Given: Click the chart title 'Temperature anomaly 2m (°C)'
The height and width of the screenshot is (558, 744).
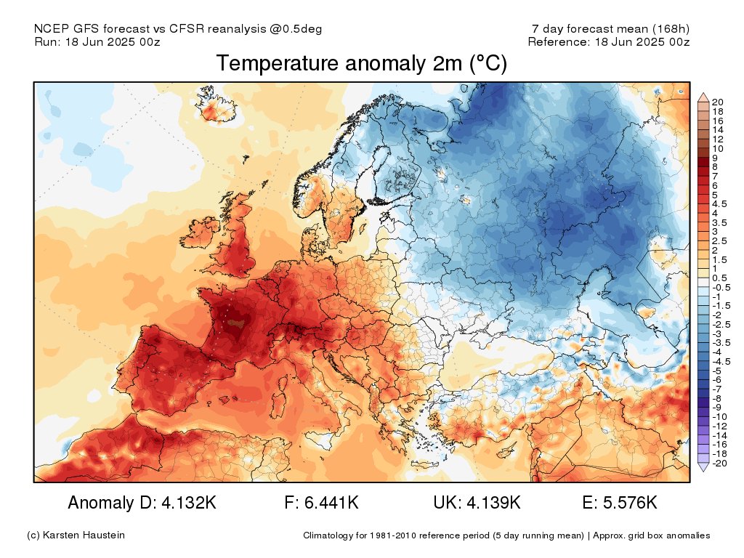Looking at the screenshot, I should pyautogui.click(x=361, y=64).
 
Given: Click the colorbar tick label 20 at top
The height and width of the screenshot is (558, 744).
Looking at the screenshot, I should pyautogui.click(x=719, y=101).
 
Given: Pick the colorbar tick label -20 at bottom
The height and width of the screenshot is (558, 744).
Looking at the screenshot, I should pyautogui.click(x=720, y=463).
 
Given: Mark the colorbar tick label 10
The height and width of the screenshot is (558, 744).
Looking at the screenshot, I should pyautogui.click(x=719, y=148).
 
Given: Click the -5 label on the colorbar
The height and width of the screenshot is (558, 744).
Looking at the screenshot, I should pyautogui.click(x=718, y=370).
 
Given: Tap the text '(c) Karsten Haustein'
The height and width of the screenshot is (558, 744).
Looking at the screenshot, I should pyautogui.click(x=76, y=535).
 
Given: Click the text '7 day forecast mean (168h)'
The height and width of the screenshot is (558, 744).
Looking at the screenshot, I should pyautogui.click(x=610, y=29).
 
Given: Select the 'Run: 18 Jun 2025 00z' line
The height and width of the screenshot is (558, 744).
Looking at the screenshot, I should pyautogui.click(x=97, y=41).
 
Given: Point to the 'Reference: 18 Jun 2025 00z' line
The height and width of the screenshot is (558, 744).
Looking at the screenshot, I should pyautogui.click(x=608, y=41).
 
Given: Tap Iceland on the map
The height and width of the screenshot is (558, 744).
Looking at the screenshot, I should pyautogui.click(x=219, y=110).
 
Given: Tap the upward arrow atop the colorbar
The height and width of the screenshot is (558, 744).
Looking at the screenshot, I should pyautogui.click(x=703, y=96).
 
